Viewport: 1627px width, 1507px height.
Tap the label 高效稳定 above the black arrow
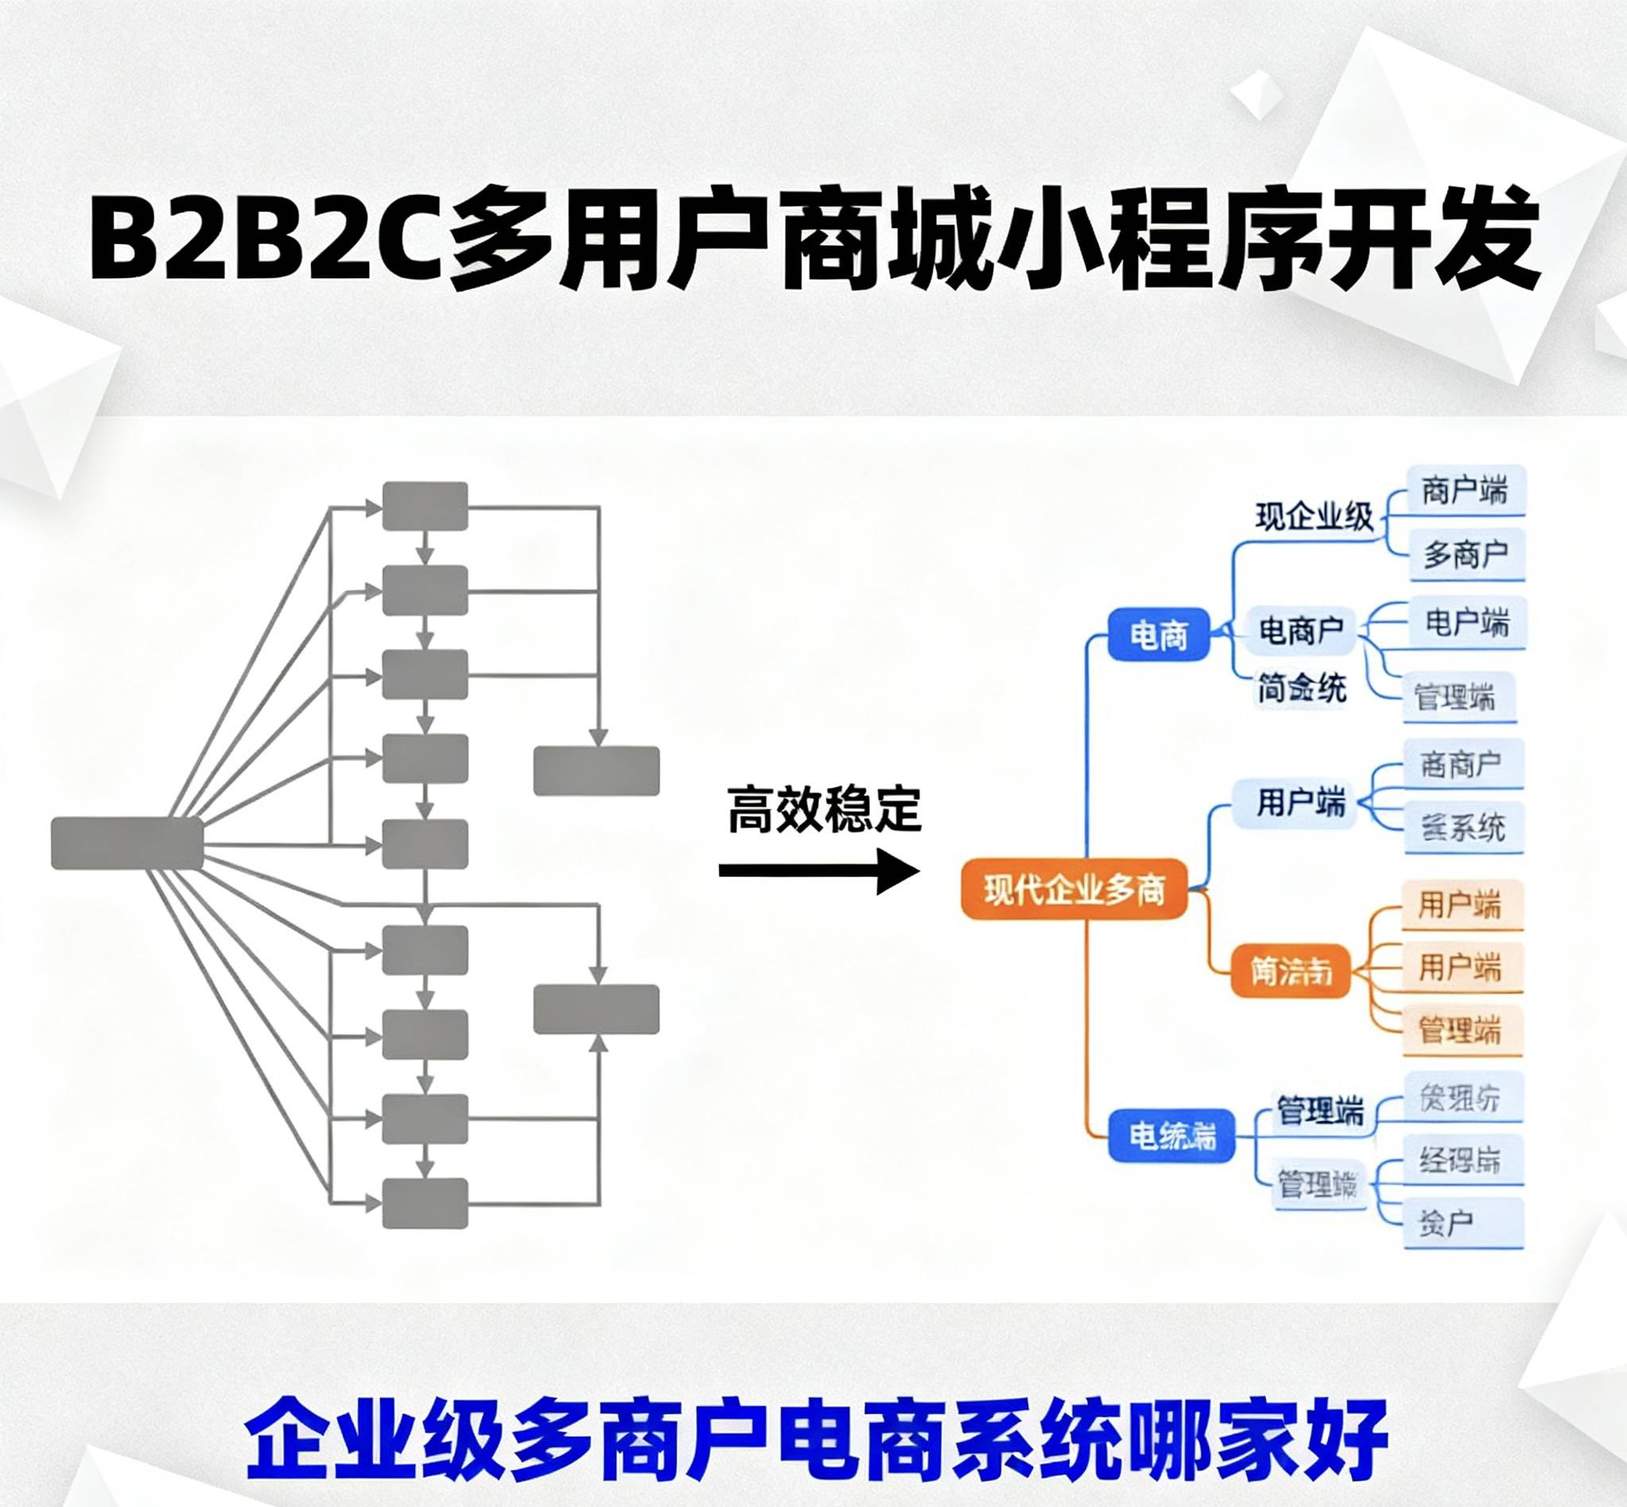point(824,809)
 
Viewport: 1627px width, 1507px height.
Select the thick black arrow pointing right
point(819,871)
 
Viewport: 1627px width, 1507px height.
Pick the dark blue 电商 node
point(1158,635)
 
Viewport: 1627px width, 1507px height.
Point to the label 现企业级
point(1314,517)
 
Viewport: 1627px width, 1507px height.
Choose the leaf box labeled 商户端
point(1466,491)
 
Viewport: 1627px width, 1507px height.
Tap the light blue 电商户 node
point(1301,630)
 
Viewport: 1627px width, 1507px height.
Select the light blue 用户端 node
point(1300,803)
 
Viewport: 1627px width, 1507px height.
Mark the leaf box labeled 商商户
point(1462,765)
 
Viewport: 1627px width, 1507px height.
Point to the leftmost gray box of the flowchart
point(127,843)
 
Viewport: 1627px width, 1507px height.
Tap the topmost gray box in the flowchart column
point(425,507)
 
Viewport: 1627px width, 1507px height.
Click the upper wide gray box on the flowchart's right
point(596,771)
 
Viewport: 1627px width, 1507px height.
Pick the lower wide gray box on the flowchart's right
point(596,1009)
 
